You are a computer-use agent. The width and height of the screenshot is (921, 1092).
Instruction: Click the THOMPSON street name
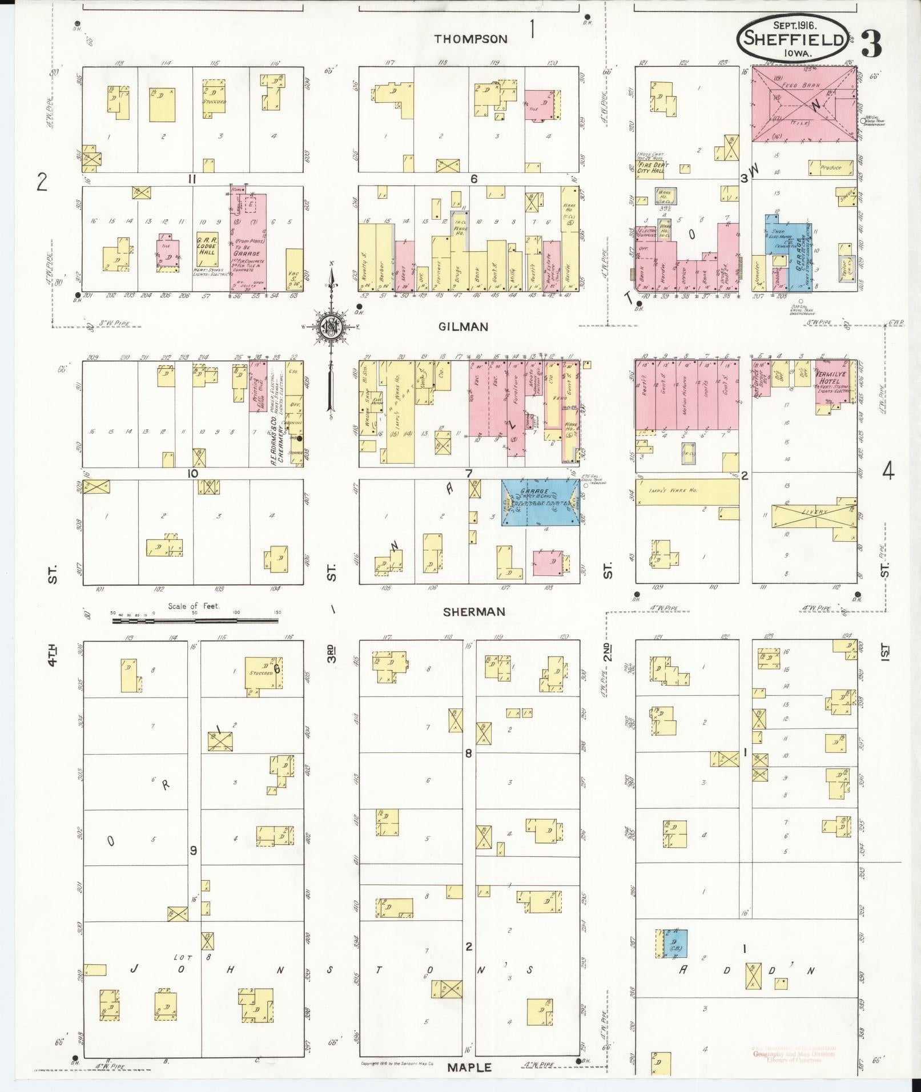470,39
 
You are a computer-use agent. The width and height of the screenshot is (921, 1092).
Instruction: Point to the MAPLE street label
469,1066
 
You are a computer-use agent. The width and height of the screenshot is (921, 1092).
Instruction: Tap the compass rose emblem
331,326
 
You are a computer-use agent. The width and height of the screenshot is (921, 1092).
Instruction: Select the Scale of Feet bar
195,620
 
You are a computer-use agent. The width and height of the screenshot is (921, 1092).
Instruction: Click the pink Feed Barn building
803,104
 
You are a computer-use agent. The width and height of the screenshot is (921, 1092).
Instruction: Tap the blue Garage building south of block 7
540,502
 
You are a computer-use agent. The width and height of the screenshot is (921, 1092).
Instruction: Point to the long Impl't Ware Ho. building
687,491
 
